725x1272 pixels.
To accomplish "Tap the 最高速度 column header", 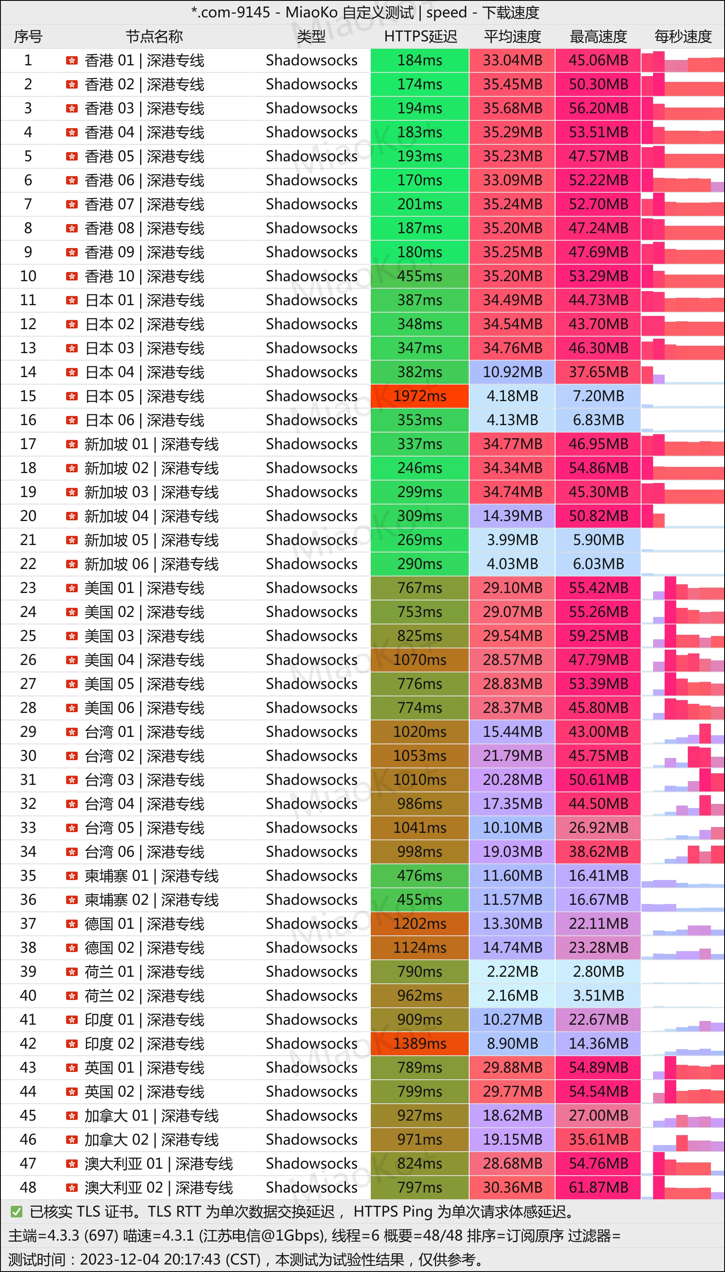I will coord(598,36).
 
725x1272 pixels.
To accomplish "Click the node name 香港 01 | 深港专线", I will coord(144,60).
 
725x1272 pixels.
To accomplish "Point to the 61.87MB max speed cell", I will coord(598,1187).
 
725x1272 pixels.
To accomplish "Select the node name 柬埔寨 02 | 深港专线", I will coord(151,899).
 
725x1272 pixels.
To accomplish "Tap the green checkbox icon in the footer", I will coord(17,1211).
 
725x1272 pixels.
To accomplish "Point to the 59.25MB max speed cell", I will coord(598,636).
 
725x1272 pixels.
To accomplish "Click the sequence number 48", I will coord(28,1187).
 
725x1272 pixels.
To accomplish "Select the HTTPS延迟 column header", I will coord(420,36).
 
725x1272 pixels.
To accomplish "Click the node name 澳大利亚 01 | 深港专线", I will coord(158,1163).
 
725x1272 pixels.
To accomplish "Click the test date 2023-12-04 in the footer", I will coord(119,1259).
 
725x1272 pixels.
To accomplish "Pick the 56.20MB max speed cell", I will coord(598,108).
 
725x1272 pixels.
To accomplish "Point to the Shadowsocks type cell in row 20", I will coord(311,516).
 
